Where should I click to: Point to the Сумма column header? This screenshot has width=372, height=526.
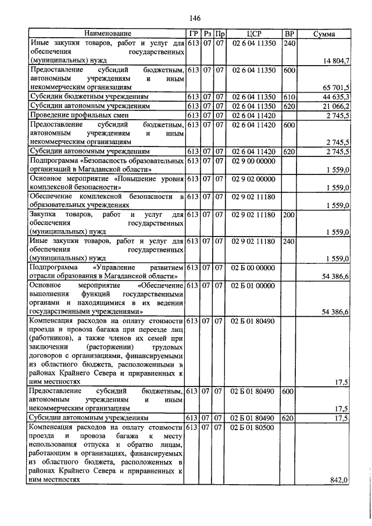click(x=324, y=34)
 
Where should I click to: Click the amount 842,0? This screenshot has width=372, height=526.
click(x=338, y=480)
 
